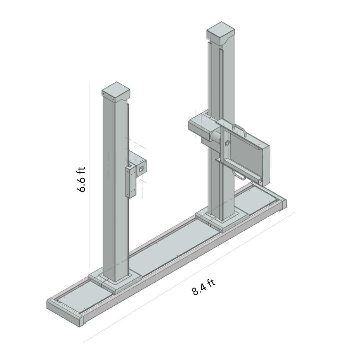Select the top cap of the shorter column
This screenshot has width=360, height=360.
[x=115, y=92]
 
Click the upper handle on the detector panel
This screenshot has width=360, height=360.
[x=240, y=129]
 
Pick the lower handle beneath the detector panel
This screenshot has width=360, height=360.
[x=237, y=175]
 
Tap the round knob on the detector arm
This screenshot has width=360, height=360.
[x=228, y=143]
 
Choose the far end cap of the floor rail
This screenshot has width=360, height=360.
[x=283, y=203]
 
